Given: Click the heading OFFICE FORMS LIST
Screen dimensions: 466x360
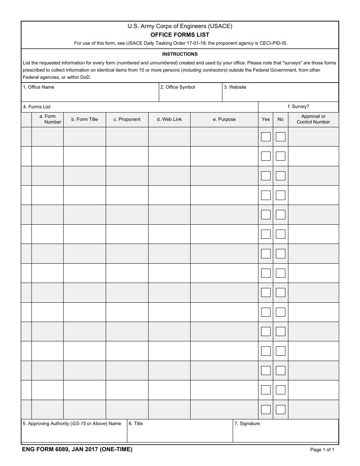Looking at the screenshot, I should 180,34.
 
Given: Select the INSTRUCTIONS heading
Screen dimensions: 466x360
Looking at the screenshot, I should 180,54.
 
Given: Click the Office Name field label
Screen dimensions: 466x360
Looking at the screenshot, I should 39,87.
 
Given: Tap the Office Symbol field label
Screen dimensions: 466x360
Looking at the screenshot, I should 177,87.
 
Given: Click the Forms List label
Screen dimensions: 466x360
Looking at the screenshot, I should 37,107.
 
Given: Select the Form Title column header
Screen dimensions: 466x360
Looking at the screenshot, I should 85,119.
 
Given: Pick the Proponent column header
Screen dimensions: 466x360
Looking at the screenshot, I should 127,119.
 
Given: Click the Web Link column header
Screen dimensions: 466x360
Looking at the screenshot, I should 169,119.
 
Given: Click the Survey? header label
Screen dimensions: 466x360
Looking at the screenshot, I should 299,106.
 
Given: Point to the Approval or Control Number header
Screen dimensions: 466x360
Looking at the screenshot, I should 313,119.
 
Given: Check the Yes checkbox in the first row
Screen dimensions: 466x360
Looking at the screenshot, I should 266,137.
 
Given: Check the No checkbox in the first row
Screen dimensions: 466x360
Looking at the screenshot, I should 280,137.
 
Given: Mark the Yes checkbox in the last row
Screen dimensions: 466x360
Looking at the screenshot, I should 266,410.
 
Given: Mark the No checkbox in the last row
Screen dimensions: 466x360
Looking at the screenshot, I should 280,410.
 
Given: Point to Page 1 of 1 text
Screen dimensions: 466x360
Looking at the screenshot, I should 322,450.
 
